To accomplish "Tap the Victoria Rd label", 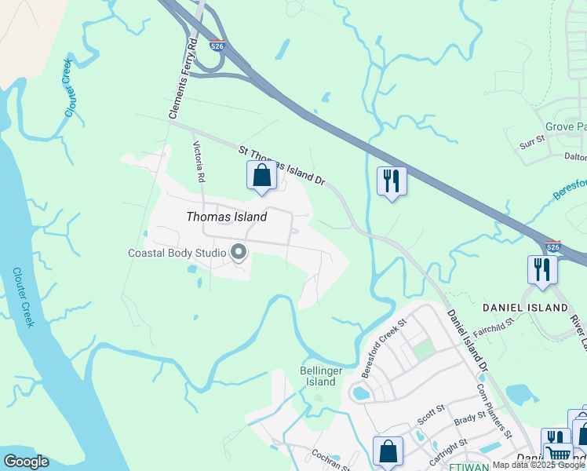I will point(199,162).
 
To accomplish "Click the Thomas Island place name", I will point(226,217).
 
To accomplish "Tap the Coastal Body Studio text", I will point(177,253).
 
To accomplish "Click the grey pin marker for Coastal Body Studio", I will point(239,252).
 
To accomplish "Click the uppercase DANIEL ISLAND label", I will point(525,307).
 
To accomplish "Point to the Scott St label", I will point(431,414).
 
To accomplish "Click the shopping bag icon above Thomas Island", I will point(261,175).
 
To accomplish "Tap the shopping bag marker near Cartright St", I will point(388,452).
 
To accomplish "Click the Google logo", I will point(26,462).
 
